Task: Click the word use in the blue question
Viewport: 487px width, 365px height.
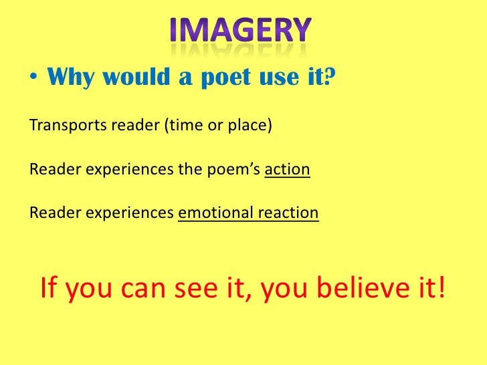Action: click(x=281, y=79)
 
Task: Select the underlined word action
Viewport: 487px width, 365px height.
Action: click(x=288, y=169)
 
